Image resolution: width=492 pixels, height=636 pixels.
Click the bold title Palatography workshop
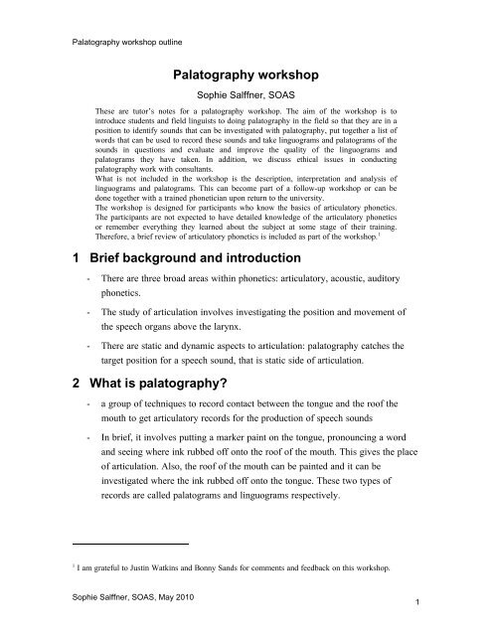click(x=246, y=74)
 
